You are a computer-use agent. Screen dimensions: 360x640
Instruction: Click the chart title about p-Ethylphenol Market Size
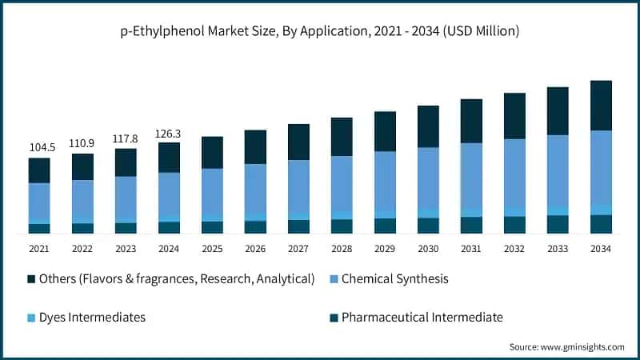tap(320, 31)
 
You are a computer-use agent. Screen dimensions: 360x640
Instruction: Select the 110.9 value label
tap(82, 143)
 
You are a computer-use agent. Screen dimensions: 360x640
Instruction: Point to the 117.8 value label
tap(126, 138)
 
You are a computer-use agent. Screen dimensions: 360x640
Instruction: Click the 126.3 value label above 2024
tap(169, 133)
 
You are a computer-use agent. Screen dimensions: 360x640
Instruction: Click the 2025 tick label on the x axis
tap(212, 249)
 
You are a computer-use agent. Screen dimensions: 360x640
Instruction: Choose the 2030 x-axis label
tap(428, 249)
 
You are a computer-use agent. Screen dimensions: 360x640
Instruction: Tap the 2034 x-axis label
tap(601, 249)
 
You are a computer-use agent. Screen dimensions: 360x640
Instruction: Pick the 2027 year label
tap(298, 249)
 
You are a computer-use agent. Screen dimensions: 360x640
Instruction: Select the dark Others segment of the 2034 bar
tap(601, 105)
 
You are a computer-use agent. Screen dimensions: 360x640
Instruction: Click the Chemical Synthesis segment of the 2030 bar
tap(428, 178)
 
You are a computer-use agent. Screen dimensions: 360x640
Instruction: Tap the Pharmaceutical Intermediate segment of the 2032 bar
tap(514, 225)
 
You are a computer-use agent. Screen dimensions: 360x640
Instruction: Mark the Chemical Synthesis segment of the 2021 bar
tap(39, 201)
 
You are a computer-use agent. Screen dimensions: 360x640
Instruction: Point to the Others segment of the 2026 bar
tap(255, 146)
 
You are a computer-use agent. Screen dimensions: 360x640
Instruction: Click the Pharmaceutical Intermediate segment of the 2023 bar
tap(126, 228)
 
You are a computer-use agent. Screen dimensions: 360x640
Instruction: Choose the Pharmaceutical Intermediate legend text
tap(422, 318)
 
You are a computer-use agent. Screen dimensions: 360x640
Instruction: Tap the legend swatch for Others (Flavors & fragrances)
tap(32, 279)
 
